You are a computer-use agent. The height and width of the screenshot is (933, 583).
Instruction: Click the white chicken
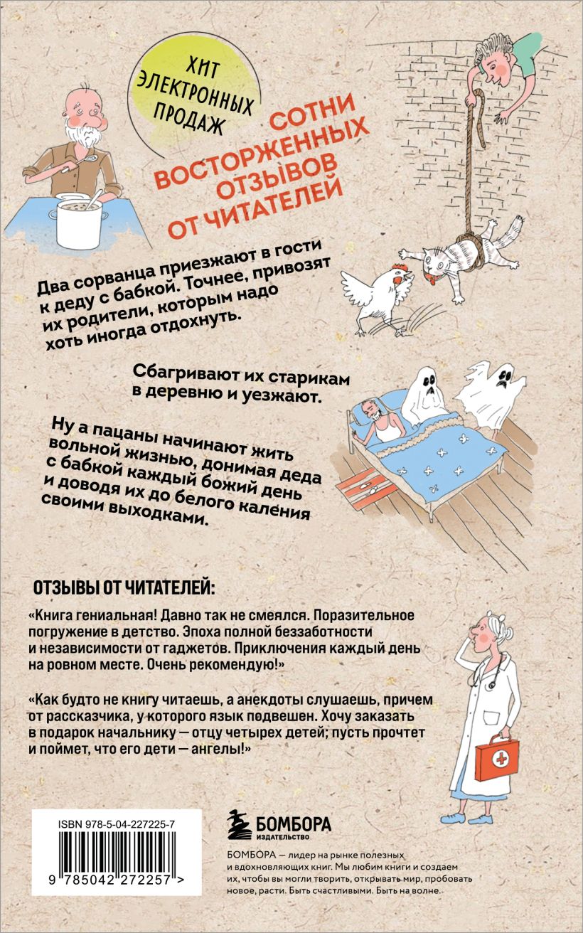click(x=377, y=297)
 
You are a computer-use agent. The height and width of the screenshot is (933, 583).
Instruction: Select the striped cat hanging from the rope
click(x=463, y=258)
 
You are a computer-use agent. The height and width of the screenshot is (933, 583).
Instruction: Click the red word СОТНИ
click(x=312, y=112)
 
